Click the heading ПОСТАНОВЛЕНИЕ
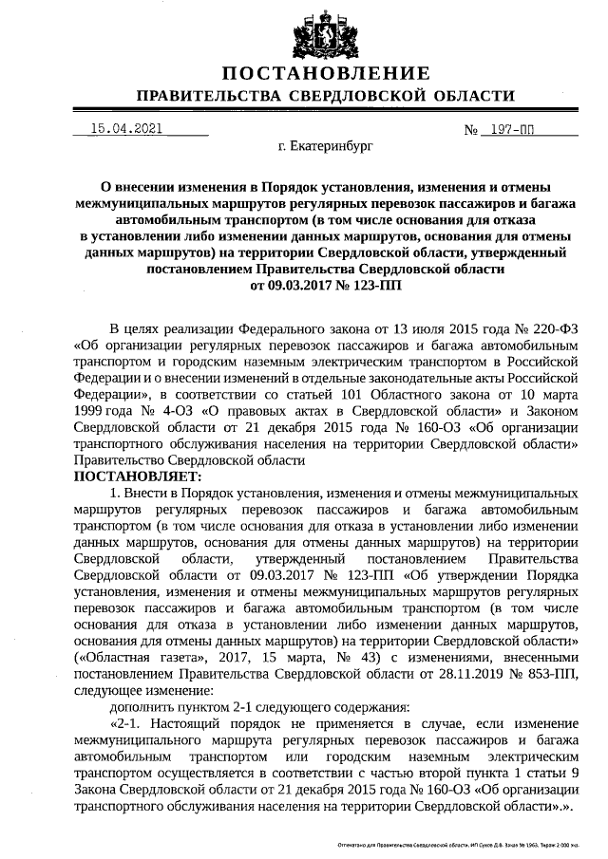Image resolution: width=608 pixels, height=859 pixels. [x=326, y=74]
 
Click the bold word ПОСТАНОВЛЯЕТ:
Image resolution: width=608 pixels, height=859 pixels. [x=138, y=476]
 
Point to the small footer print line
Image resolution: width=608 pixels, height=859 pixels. [x=465, y=843]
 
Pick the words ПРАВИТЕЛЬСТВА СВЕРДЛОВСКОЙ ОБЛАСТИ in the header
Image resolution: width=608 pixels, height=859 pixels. [x=326, y=97]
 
